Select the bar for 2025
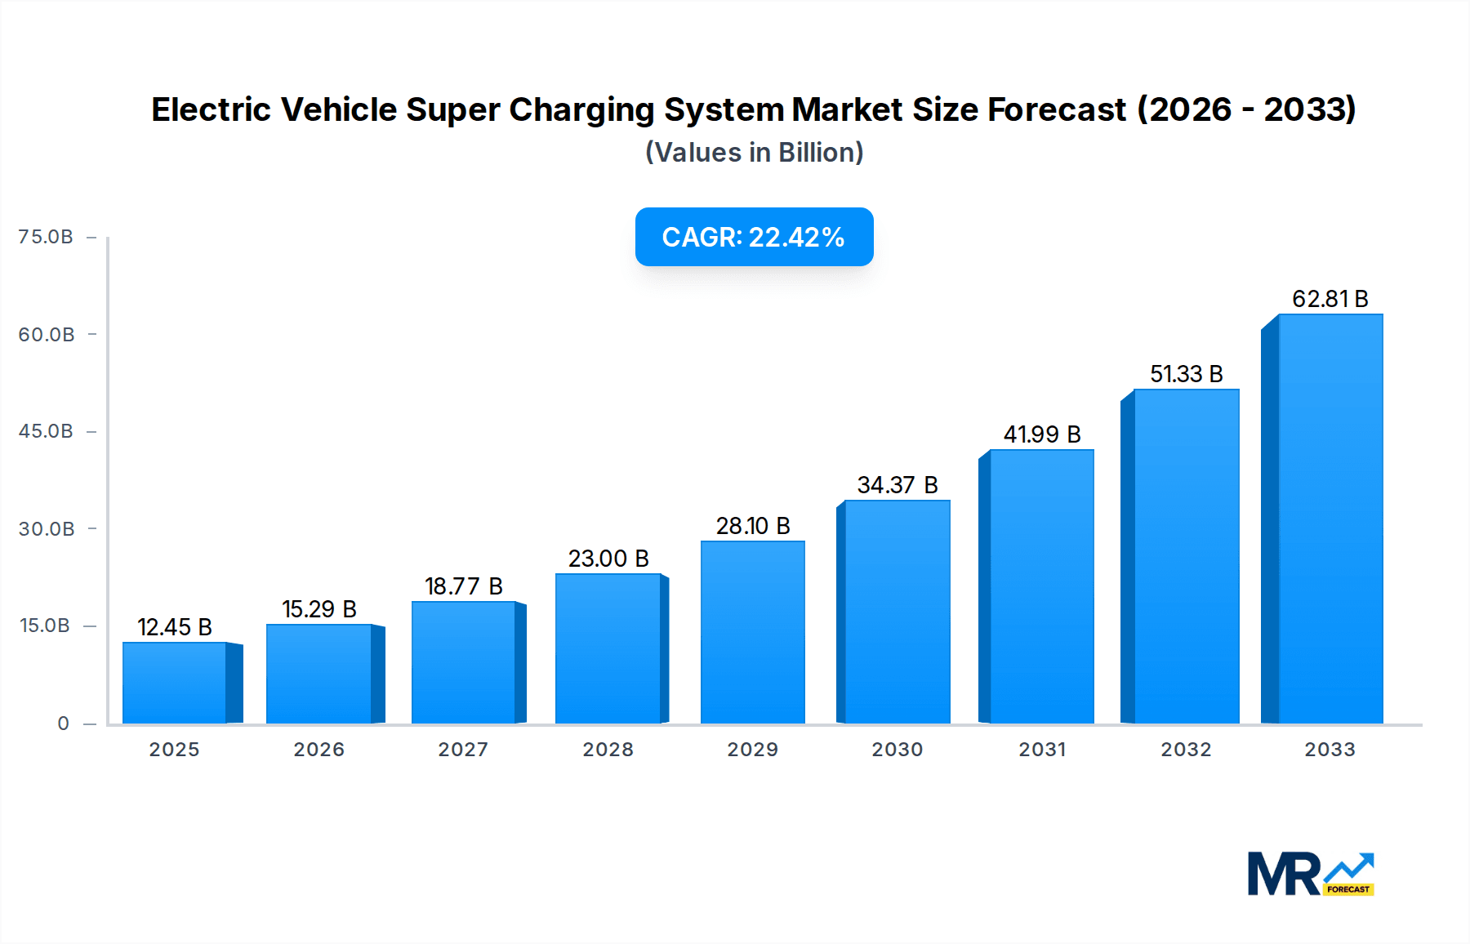(175, 683)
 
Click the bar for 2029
(753, 632)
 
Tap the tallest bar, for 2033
(1330, 519)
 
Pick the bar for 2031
(1041, 586)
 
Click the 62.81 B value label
(1330, 299)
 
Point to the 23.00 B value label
(608, 559)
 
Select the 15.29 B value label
(319, 609)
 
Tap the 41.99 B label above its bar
(1042, 434)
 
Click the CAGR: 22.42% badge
(754, 237)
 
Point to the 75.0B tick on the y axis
(46, 237)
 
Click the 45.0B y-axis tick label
(46, 431)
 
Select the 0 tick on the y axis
(63, 724)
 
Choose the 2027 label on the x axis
(463, 750)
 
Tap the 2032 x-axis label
(1186, 750)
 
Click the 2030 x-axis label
(897, 750)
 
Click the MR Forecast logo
(1310, 874)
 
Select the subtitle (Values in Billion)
(754, 153)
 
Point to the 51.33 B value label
(1186, 374)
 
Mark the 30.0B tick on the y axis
(47, 529)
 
